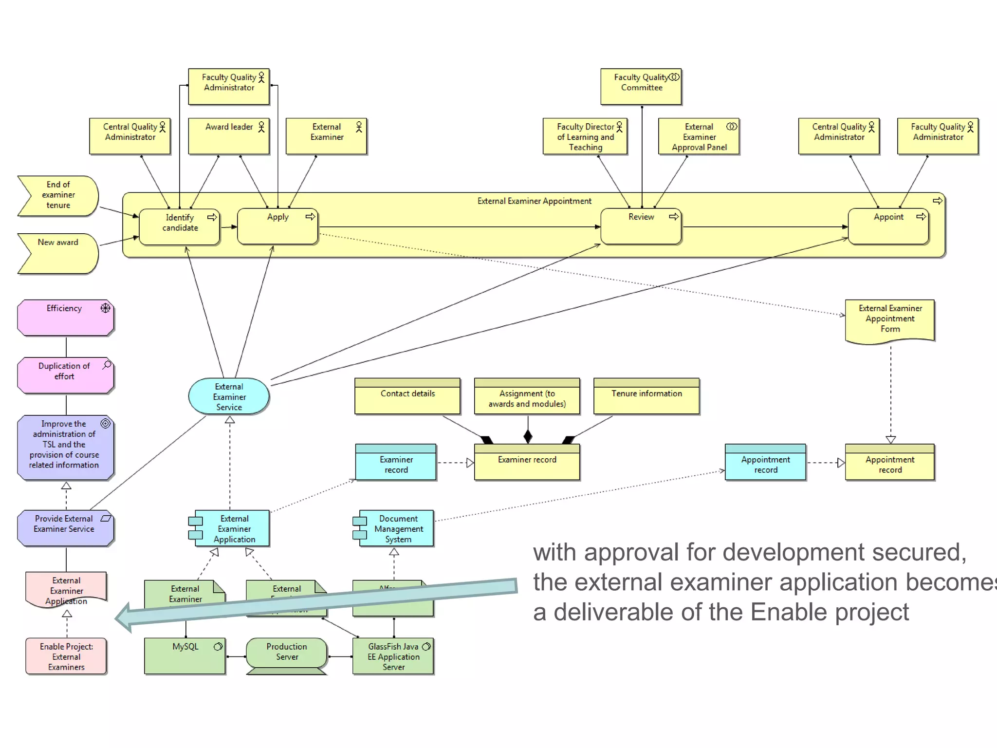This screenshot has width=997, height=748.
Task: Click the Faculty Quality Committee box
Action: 641,87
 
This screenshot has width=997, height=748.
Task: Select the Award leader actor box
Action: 229,136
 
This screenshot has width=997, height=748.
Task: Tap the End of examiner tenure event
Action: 58,195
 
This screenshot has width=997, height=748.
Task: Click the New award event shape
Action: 58,253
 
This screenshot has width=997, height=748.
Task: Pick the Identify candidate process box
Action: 179,227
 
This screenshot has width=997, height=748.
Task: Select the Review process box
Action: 641,226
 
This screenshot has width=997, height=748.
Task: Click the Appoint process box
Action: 888,226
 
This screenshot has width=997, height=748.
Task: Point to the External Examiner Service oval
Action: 229,396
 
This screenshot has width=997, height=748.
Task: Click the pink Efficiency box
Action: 65,318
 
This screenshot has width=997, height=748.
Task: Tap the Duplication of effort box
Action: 65,375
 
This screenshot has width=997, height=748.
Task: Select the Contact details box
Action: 407,396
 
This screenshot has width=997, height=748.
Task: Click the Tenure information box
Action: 646,396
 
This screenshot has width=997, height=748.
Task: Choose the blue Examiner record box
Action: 396,463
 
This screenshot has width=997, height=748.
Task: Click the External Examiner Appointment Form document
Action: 890,319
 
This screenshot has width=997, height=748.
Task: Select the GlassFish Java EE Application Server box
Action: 393,656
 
